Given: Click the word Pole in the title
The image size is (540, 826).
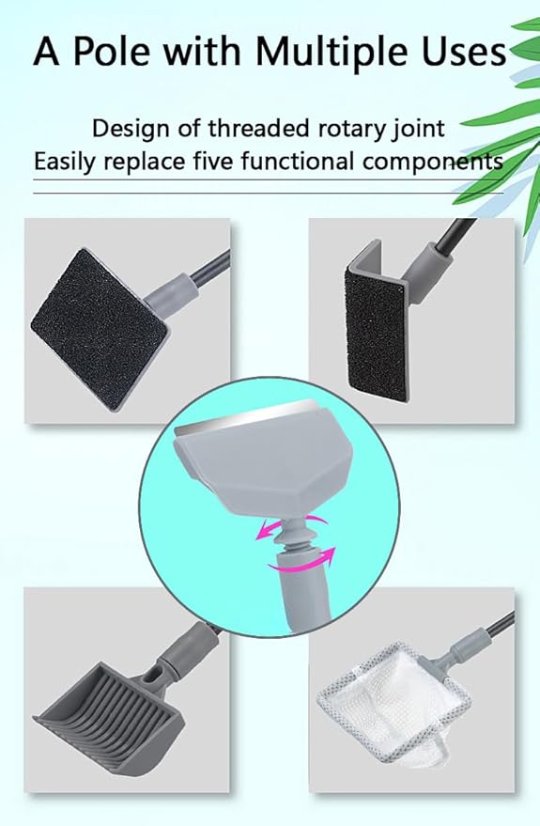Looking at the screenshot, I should click(x=120, y=53).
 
